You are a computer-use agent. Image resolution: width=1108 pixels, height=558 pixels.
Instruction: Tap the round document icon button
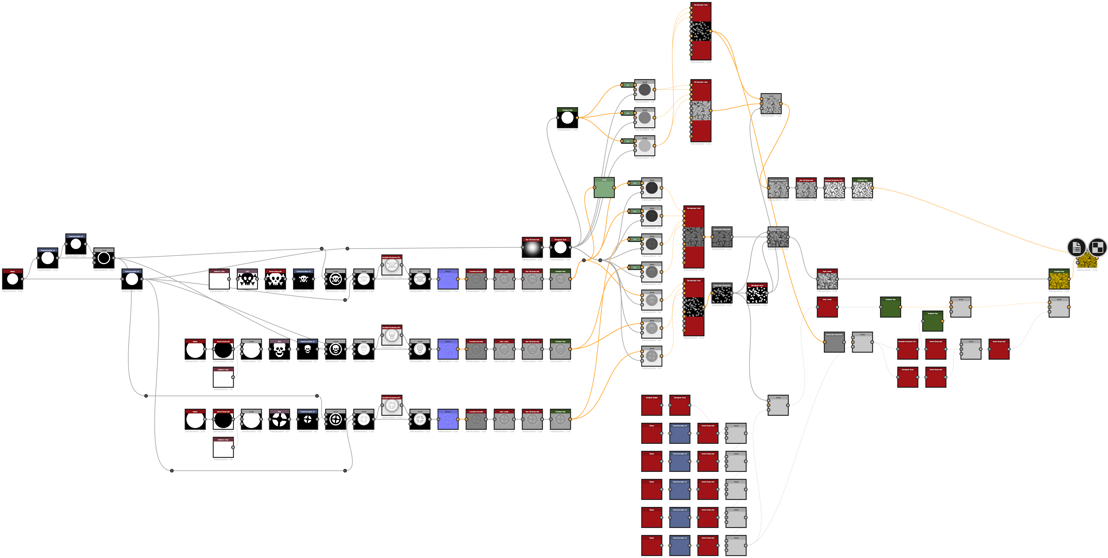pyautogui.click(x=1076, y=247)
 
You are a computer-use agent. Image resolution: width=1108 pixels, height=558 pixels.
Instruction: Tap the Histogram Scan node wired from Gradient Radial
pyautogui.click(x=680, y=406)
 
